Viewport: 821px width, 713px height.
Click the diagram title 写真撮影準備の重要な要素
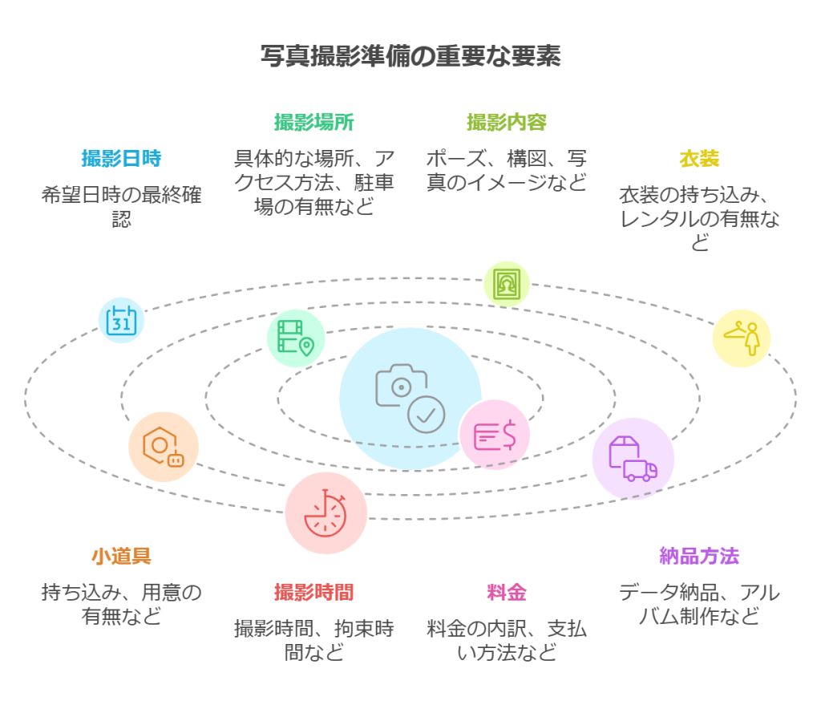[x=410, y=57]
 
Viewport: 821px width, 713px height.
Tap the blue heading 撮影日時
[x=121, y=158]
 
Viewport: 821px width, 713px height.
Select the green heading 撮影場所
[x=314, y=122]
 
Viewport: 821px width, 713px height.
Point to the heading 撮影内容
[x=507, y=122]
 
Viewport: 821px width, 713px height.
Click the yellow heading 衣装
[x=699, y=158]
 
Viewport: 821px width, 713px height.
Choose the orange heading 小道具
[x=121, y=556]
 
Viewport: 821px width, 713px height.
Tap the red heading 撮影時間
[x=314, y=592]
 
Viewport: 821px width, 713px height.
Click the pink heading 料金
[x=507, y=593]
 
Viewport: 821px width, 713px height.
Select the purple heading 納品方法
[x=699, y=556]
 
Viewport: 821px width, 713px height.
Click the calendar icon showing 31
[x=122, y=320]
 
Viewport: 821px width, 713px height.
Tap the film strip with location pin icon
[x=296, y=338]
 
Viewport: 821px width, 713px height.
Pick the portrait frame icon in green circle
[x=507, y=284]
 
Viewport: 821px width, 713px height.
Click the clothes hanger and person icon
[x=742, y=338]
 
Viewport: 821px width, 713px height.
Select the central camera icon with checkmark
[x=410, y=398]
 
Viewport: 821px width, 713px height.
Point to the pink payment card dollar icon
[x=494, y=435]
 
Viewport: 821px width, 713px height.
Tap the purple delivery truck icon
[x=633, y=459]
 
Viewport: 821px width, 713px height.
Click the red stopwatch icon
[x=326, y=513]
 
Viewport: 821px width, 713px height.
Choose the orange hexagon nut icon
[x=164, y=448]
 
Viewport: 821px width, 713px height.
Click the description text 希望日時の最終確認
[x=121, y=205]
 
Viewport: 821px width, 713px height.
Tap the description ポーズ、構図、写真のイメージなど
[x=507, y=169]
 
